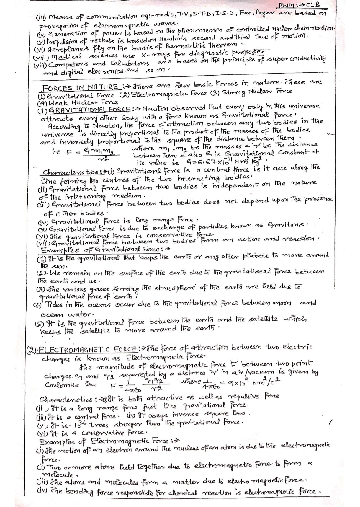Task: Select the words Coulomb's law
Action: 62,385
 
